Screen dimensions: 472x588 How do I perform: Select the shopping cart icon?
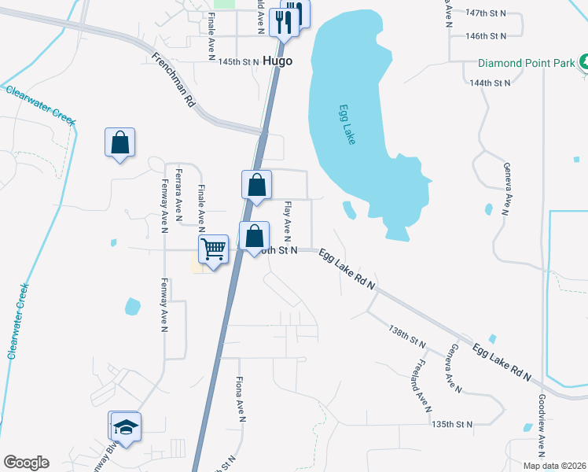tap(213, 249)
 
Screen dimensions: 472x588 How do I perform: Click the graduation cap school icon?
tap(126, 427)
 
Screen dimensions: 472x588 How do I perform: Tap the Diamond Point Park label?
tap(526, 64)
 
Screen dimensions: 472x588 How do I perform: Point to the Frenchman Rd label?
tap(173, 79)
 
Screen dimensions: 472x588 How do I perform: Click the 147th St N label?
tap(486, 14)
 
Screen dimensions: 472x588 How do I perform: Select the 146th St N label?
tap(486, 36)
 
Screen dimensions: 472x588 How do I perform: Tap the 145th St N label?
tap(238, 61)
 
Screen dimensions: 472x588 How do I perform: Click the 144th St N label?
tap(490, 82)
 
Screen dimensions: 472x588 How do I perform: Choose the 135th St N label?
tap(452, 424)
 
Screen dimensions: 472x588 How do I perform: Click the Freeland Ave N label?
tap(421, 386)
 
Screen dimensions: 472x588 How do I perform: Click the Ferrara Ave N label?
tap(180, 192)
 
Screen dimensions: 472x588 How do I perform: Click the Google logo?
tap(26, 463)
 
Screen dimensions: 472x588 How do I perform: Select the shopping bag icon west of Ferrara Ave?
tap(119, 143)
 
